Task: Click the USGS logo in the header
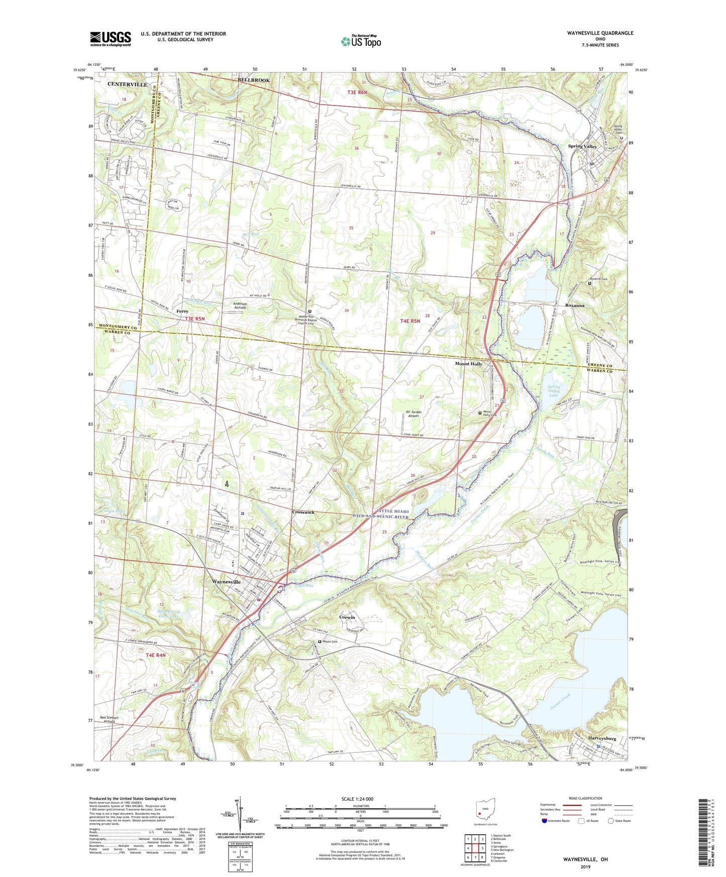pos(111,38)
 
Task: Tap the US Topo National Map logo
pos(361,41)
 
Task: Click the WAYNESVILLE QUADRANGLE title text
pos(593,33)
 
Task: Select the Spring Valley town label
pos(582,146)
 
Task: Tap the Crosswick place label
pos(303,512)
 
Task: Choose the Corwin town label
pos(347,617)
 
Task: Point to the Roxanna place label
pos(575,305)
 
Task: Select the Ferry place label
pos(182,311)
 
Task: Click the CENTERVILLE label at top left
pos(127,84)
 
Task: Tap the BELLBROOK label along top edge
pos(254,80)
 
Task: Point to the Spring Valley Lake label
pos(554,391)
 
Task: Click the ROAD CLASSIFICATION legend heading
pos(585,798)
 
